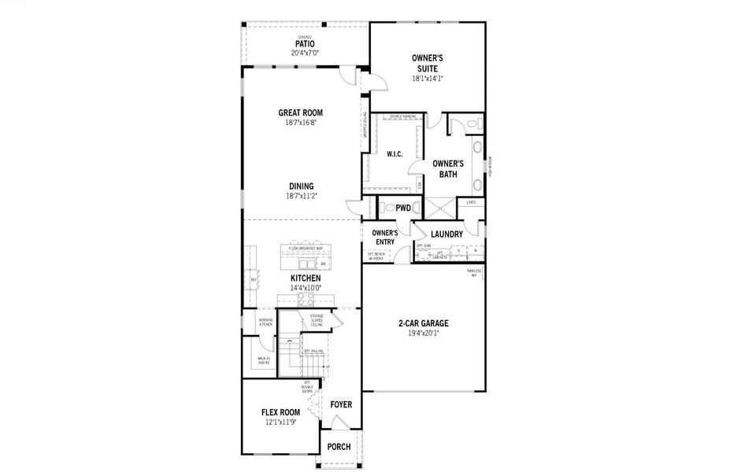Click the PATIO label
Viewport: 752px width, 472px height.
(305, 43)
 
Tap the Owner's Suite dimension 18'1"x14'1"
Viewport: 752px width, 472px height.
(428, 79)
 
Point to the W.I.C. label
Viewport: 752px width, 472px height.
(395, 154)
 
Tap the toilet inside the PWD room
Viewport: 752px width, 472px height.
(386, 208)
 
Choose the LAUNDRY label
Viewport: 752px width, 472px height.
(446, 234)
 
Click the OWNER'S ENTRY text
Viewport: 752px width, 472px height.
(384, 238)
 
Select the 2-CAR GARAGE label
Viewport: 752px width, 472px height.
(424, 323)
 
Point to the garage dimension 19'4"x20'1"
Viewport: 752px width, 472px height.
(424, 333)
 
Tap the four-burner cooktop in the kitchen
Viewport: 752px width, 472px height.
(306, 298)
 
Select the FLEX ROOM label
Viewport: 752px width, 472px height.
(280, 412)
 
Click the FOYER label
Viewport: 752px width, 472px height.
(341, 404)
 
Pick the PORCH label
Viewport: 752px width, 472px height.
(339, 447)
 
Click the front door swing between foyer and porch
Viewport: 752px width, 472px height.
(339, 422)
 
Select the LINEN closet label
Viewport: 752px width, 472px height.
(471, 202)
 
